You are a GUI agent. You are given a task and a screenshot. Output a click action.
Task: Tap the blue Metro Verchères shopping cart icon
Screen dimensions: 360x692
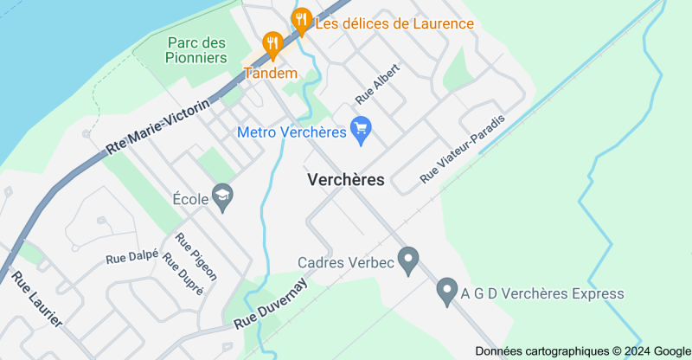coord(361,131)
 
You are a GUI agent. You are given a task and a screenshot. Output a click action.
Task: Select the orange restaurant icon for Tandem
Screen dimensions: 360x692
coord(272,43)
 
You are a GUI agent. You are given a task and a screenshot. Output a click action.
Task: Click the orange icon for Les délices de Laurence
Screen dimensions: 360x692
coord(302,19)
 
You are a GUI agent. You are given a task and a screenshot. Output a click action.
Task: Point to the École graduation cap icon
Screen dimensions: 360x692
coord(223,198)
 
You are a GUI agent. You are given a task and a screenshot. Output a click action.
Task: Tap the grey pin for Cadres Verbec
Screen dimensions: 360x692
coord(407,260)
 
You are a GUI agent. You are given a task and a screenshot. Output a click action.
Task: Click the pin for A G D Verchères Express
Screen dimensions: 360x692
coord(446,292)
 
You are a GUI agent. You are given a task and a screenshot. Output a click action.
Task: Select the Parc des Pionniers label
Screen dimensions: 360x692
coord(197,49)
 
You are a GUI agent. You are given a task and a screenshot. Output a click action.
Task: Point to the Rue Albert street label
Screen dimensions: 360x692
coord(378,84)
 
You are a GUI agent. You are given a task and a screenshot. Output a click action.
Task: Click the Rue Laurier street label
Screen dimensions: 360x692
coord(37,299)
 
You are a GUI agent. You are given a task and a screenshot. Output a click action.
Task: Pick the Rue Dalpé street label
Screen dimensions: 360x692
coord(131,256)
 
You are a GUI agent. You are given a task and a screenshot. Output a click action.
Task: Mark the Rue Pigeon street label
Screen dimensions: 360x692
coord(196,256)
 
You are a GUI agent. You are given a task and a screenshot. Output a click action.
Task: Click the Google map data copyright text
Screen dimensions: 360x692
coord(582,350)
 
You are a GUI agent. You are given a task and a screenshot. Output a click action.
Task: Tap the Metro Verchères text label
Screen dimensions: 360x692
coord(291,132)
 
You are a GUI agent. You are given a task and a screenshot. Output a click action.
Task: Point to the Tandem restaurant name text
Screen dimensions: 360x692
coord(271,73)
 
